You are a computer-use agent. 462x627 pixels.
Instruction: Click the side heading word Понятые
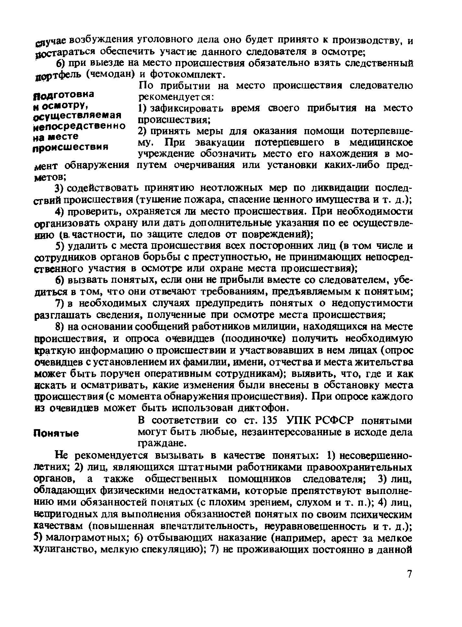pyautogui.click(x=57, y=433)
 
